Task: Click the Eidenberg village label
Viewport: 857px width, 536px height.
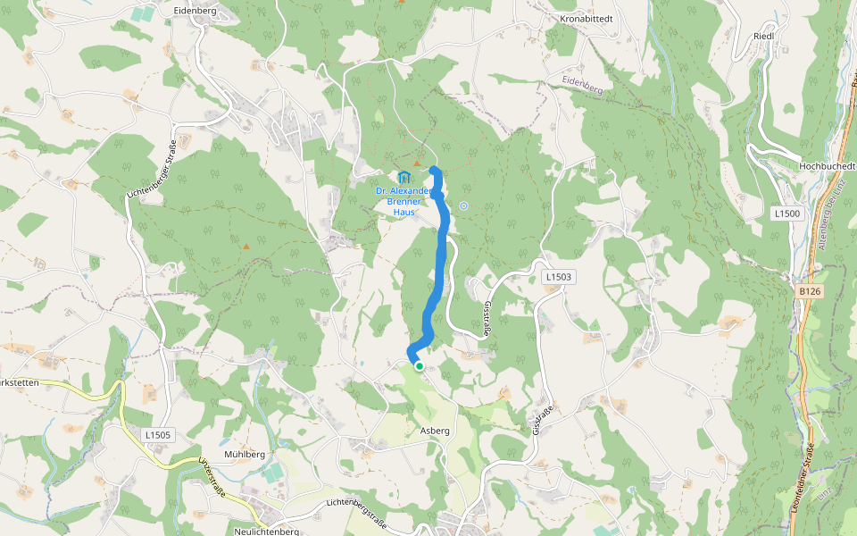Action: (196, 10)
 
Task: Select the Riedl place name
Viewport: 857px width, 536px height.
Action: (763, 36)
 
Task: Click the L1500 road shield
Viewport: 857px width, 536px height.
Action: (786, 214)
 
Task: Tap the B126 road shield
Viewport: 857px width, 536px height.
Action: (809, 291)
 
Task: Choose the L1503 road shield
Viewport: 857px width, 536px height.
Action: (557, 278)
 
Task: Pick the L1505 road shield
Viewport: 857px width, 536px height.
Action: (157, 435)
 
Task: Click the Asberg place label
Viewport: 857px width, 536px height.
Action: (434, 431)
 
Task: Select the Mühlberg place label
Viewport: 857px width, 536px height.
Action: (245, 454)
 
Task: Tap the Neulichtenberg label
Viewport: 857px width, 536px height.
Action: (265, 532)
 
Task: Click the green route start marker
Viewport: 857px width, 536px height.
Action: (419, 365)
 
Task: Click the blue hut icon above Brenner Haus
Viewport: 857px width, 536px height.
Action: (404, 176)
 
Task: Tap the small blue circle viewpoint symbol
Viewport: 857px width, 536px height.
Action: (463, 205)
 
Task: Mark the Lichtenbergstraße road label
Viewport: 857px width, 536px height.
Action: (356, 512)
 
